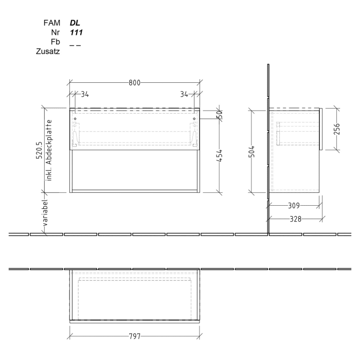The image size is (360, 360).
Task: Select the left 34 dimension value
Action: tap(85, 94)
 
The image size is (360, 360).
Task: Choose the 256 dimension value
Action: tap(337, 129)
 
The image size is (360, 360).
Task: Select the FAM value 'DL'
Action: tap(75, 23)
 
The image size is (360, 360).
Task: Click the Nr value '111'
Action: tap(77, 32)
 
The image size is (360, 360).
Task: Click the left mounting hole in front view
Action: tap(75, 119)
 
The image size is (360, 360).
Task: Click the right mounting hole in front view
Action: tap(194, 119)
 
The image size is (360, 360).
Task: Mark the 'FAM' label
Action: tap(52, 23)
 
